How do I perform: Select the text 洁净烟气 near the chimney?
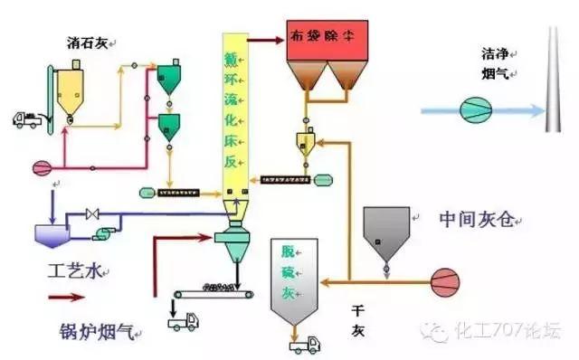(495, 62)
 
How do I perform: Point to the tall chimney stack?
(552, 77)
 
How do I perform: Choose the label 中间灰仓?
(476, 219)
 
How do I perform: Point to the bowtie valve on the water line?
(90, 215)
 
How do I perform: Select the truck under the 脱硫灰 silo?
(301, 343)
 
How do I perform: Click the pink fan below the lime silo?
(42, 167)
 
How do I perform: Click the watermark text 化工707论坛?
(511, 332)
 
